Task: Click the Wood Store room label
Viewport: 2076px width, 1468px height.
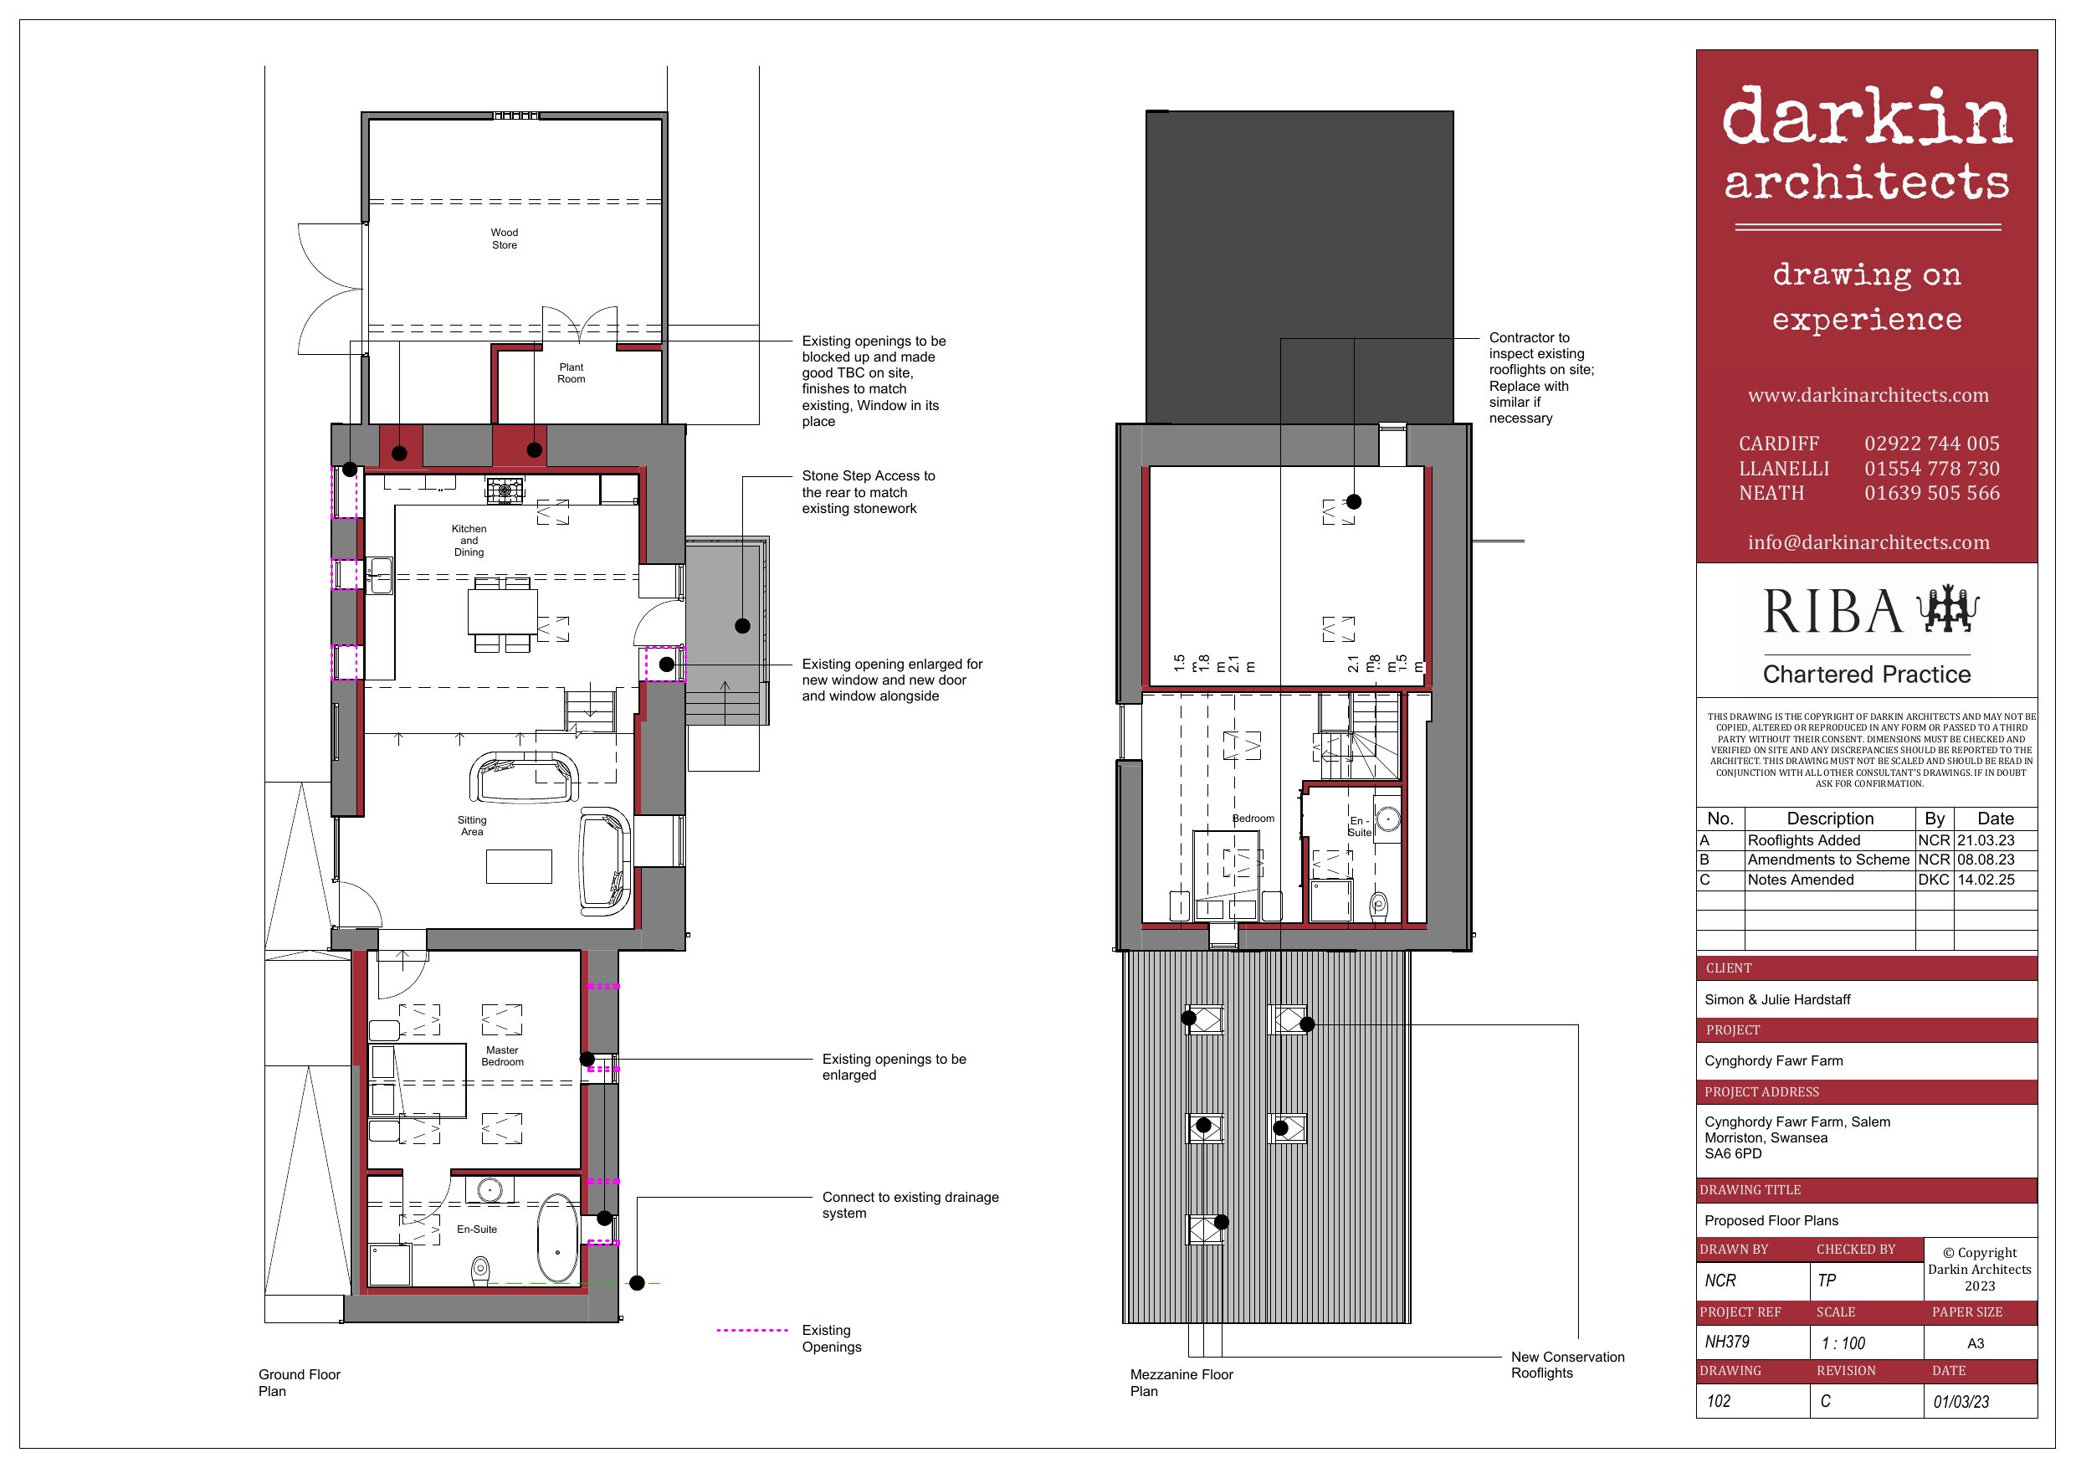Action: click(505, 239)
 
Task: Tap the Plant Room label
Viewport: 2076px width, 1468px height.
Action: click(572, 372)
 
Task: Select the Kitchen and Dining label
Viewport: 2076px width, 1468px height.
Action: click(469, 540)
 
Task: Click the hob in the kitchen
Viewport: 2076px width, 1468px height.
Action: click(505, 490)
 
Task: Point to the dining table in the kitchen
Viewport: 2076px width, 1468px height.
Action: click(503, 612)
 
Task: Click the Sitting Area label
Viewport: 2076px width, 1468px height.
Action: click(472, 826)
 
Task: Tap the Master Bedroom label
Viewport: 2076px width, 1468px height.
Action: click(503, 1055)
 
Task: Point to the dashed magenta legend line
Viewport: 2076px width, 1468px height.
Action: click(752, 1331)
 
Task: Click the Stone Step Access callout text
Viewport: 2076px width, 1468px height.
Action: click(868, 492)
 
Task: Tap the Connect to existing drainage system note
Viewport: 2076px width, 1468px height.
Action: click(910, 1205)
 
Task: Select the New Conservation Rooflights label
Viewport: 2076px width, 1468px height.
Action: click(1568, 1365)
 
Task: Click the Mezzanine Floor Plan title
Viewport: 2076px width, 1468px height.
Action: click(1182, 1382)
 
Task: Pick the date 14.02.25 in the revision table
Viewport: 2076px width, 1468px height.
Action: click(1986, 879)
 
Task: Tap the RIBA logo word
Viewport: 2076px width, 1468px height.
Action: click(1833, 612)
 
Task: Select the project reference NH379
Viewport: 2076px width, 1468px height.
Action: click(1727, 1342)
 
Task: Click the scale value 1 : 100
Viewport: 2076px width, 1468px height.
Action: click(1843, 1343)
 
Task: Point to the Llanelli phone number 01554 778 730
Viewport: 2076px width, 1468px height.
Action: click(1932, 469)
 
